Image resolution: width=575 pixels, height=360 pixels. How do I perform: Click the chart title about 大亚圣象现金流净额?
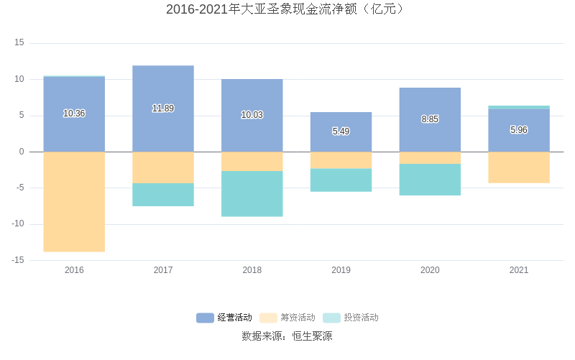(x=287, y=9)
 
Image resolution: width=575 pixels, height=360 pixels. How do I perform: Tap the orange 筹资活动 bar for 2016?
(x=74, y=201)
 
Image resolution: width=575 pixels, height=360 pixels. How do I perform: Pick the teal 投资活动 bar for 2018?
(x=252, y=193)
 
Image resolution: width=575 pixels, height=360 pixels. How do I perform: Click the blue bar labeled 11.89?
(x=163, y=86)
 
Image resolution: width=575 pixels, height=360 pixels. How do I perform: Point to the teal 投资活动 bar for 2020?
(x=430, y=180)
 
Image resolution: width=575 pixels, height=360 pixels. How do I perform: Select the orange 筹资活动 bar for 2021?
(x=519, y=167)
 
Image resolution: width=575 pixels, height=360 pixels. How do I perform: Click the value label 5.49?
(x=341, y=131)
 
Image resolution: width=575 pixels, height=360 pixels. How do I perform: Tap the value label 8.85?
(x=430, y=119)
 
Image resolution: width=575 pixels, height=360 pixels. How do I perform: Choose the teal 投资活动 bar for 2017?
(x=163, y=195)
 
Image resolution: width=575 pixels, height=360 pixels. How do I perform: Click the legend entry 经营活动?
(x=224, y=318)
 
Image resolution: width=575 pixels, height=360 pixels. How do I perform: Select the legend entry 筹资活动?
(x=287, y=318)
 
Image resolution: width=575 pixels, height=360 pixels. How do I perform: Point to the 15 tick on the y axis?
(x=19, y=43)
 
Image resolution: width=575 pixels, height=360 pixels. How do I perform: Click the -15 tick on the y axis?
(x=18, y=260)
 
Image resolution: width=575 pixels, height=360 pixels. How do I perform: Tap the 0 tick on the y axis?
(x=22, y=152)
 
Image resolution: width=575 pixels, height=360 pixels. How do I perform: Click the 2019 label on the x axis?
(x=341, y=270)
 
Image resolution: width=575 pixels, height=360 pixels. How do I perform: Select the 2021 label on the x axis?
(x=519, y=270)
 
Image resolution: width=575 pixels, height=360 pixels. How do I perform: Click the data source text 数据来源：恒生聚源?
(x=287, y=336)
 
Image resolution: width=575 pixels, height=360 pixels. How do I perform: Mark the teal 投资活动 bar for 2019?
(x=341, y=180)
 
